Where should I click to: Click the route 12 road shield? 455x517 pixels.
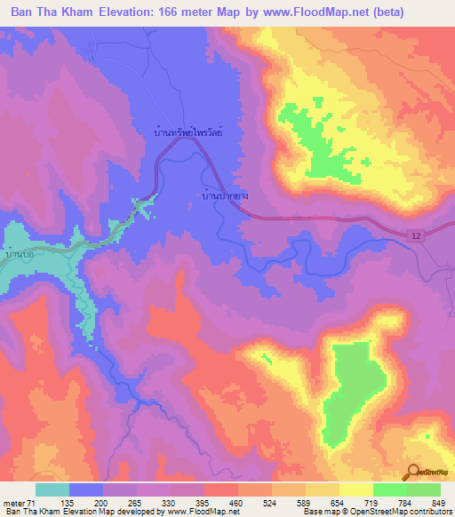pyautogui.click(x=418, y=235)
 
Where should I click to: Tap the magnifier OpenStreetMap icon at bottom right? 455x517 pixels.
pyautogui.click(x=416, y=472)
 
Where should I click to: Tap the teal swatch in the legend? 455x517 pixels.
pyautogui.click(x=52, y=489)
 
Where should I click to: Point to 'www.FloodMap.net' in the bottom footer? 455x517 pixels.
pyautogui.click(x=198, y=512)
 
